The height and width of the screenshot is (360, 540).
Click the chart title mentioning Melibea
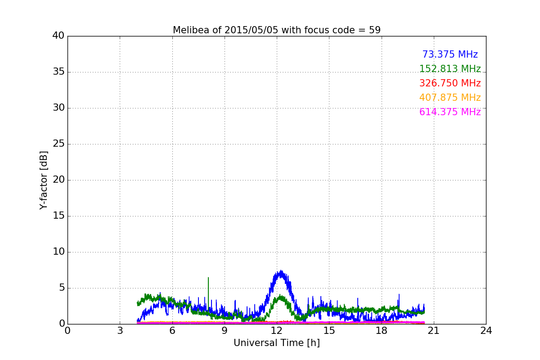coord(276,30)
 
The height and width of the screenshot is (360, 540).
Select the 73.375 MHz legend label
coord(450,54)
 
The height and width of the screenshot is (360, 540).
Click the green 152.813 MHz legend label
coord(450,69)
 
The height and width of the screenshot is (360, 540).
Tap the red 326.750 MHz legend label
coord(450,83)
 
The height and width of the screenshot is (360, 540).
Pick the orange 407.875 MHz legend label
coord(450,97)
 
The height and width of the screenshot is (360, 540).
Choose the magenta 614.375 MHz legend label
coord(450,112)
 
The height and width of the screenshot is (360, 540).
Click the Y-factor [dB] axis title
coord(44,180)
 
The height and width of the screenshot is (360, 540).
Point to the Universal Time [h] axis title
coord(276,342)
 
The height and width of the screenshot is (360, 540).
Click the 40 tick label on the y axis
coord(58,36)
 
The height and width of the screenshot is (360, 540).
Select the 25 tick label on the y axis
coord(58,144)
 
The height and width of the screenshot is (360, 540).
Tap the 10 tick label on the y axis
coord(58,252)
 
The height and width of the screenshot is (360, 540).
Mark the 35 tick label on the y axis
coord(58,72)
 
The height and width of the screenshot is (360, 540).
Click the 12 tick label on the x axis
coord(276,331)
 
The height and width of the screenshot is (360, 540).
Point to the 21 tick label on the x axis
coord(434,331)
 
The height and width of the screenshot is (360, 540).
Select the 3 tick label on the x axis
coord(120,331)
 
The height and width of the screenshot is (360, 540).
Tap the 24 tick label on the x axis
coord(486,331)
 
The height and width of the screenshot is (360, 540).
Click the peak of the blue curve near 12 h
coord(281,270)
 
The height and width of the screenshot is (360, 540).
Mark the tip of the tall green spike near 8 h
coord(208,278)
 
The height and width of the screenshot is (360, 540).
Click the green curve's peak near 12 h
coord(280,295)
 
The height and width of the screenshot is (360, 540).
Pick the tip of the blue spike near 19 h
coord(399,294)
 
